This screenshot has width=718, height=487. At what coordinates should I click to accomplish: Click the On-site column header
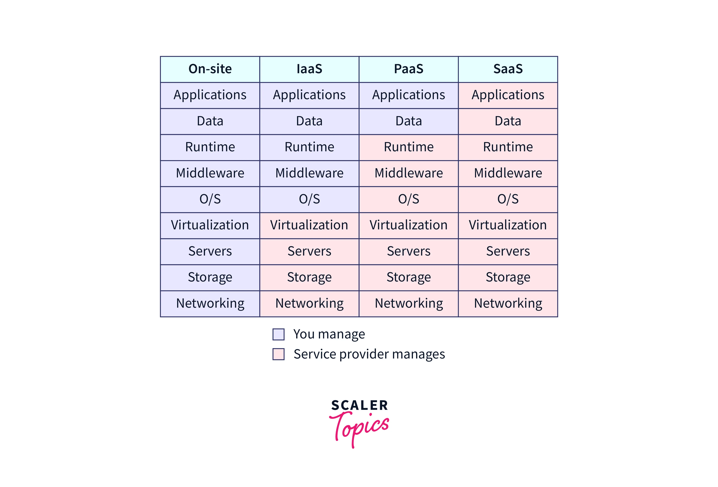click(x=210, y=69)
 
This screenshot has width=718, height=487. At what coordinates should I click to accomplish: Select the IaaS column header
click(x=309, y=69)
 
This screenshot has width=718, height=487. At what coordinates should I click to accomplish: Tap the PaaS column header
click(x=409, y=69)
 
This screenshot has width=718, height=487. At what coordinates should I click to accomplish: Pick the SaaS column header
click(x=508, y=69)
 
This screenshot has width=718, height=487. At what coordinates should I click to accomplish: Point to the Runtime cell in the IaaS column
click(x=309, y=147)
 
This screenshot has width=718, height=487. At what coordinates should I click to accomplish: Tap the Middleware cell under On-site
click(x=210, y=173)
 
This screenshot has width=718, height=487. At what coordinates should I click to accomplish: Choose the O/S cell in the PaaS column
click(x=409, y=199)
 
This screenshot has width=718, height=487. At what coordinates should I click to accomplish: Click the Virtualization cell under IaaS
click(x=309, y=225)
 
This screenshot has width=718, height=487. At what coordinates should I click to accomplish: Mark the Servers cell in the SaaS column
click(x=508, y=251)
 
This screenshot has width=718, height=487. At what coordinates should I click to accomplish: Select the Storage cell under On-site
click(x=210, y=277)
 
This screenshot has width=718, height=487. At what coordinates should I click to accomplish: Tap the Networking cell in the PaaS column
click(x=409, y=303)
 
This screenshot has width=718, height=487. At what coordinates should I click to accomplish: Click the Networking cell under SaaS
click(x=508, y=303)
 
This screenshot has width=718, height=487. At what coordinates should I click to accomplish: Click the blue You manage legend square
click(x=278, y=334)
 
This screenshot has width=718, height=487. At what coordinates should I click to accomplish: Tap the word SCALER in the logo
click(x=359, y=405)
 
